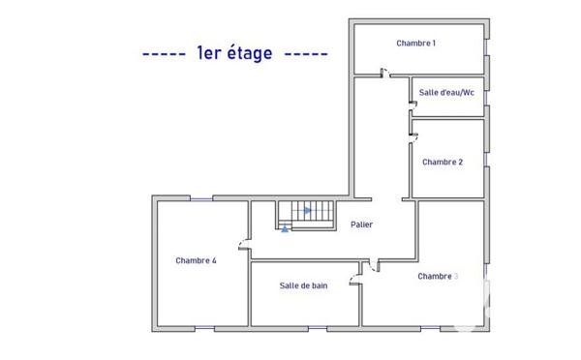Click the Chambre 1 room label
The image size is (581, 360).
click(416, 44)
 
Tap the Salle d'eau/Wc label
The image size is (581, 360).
click(446, 93)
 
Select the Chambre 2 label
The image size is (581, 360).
click(443, 163)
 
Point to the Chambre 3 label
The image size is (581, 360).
click(438, 276)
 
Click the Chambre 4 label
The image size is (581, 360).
click(196, 260)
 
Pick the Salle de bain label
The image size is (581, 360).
click(303, 285)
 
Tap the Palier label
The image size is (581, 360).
click(361, 225)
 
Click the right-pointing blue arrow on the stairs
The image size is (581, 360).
click(306, 209)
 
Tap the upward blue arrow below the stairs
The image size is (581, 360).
click(284, 228)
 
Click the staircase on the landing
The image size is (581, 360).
click(305, 215)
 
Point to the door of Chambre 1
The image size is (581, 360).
click(384, 74)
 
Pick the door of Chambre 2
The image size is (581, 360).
click(413, 134)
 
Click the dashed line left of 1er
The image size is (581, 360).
click(163, 54)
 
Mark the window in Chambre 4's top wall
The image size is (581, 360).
click(200, 198)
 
